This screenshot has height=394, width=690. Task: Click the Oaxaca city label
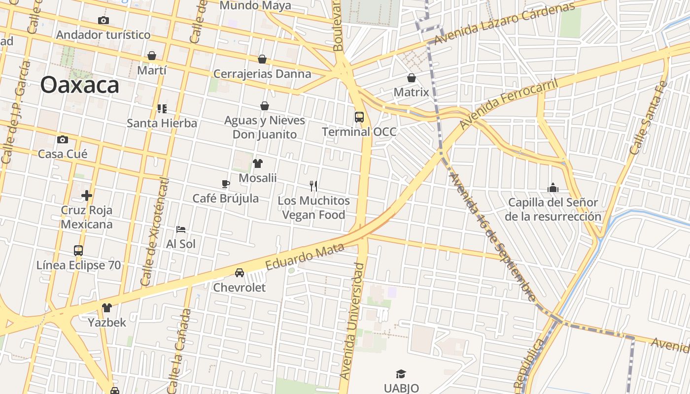click(x=80, y=85)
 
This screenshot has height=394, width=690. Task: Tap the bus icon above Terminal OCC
click(x=359, y=117)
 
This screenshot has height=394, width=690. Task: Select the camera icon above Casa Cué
click(x=63, y=139)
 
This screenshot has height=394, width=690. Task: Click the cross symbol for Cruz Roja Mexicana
click(x=87, y=196)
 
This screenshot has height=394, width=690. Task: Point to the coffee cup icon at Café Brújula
click(x=226, y=184)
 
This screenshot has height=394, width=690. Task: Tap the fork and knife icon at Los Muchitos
click(x=313, y=186)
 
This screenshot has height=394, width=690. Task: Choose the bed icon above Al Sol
click(x=181, y=230)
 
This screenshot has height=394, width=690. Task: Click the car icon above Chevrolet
click(x=240, y=273)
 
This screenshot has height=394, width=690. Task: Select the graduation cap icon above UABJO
click(x=401, y=374)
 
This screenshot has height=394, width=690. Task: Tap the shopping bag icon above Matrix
click(x=412, y=78)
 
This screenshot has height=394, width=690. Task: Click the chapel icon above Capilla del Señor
click(x=553, y=188)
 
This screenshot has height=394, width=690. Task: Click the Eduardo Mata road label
click(x=305, y=257)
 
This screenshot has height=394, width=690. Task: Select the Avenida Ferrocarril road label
click(x=509, y=104)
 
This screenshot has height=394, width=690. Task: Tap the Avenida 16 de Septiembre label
click(x=492, y=236)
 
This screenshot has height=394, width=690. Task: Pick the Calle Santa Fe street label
click(x=649, y=118)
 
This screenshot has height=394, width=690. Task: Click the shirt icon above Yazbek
click(x=107, y=308)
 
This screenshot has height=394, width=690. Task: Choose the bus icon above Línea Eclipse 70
click(x=78, y=251)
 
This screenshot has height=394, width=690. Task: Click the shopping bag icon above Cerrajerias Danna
click(x=262, y=59)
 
